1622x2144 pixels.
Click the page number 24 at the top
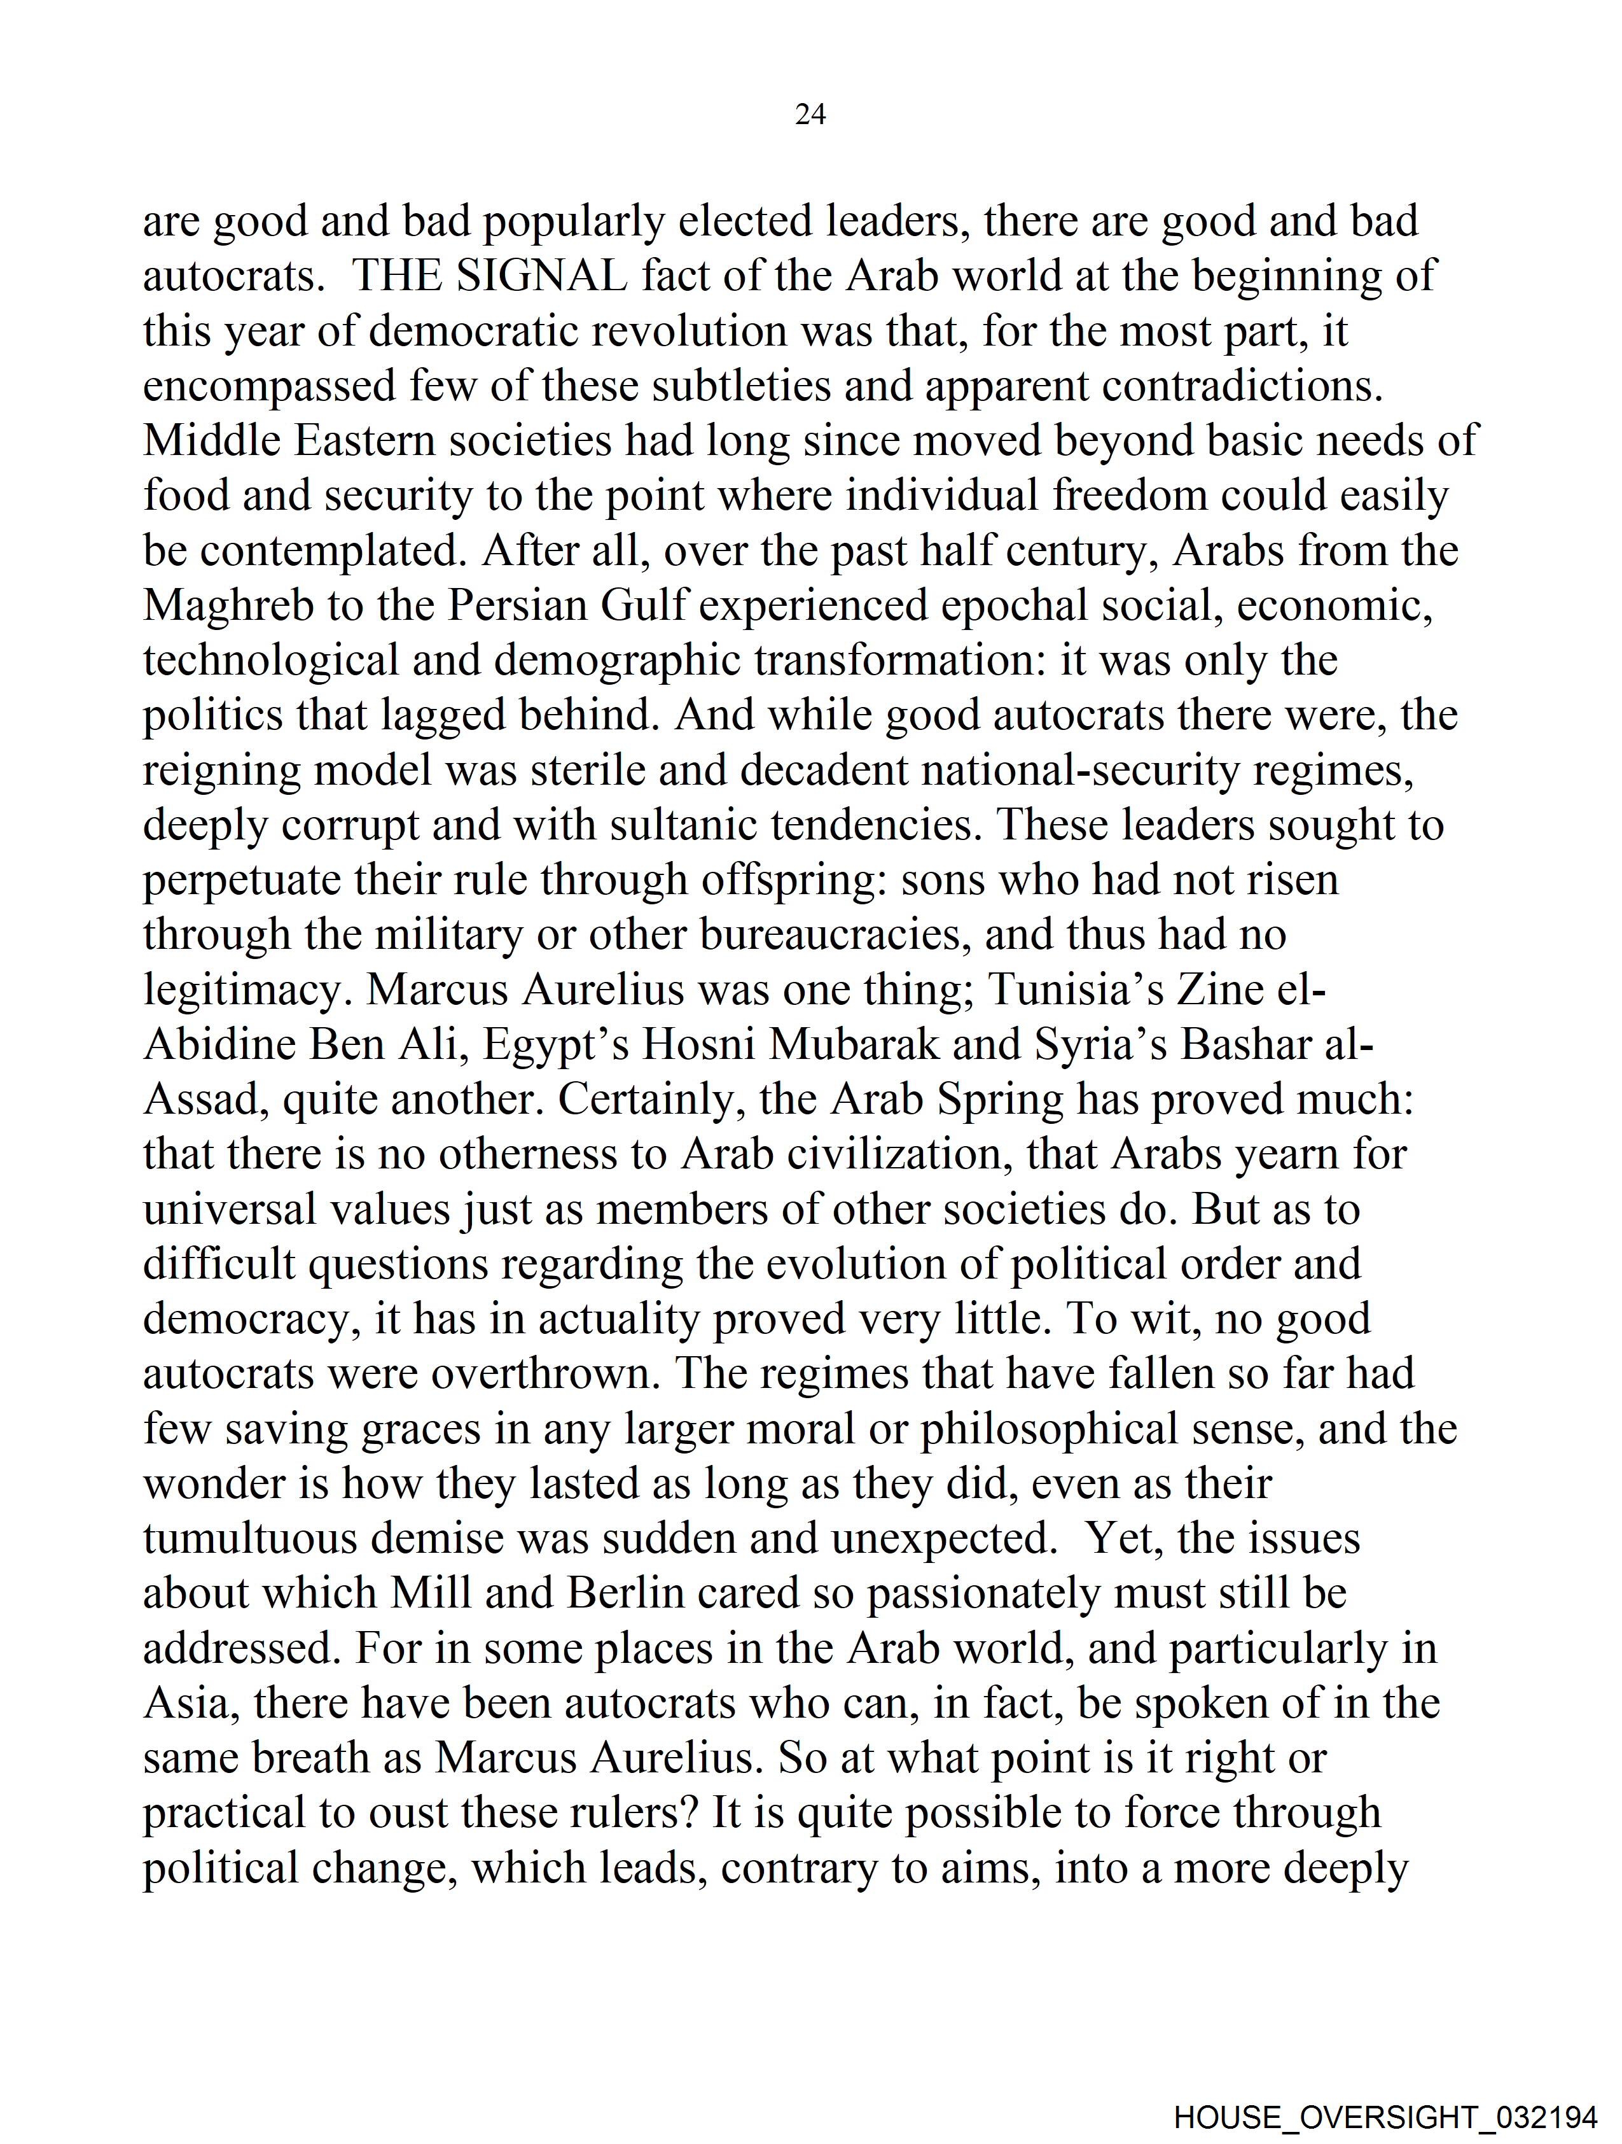point(810,115)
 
